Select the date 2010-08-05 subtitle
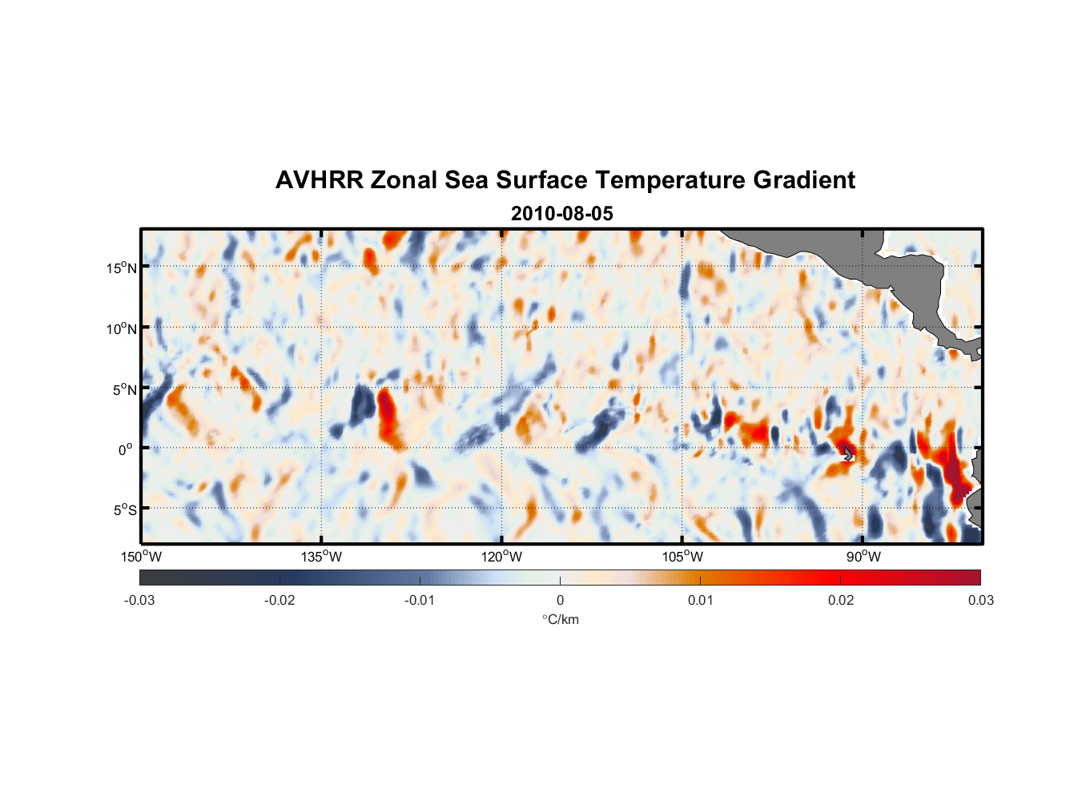pyautogui.click(x=561, y=214)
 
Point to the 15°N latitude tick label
pyautogui.click(x=122, y=268)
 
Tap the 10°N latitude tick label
pyautogui.click(x=122, y=328)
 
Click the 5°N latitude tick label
pyautogui.click(x=124, y=389)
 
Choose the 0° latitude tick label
pyautogui.click(x=126, y=449)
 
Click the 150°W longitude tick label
pyautogui.click(x=141, y=557)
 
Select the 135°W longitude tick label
pyautogui.click(x=321, y=557)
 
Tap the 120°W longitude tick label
pyautogui.click(x=501, y=557)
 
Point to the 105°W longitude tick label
pyautogui.click(x=682, y=557)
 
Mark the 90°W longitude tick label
pyautogui.click(x=863, y=557)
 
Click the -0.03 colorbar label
pyautogui.click(x=139, y=600)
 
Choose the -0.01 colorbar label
pyautogui.click(x=420, y=600)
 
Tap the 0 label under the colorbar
pyautogui.click(x=560, y=600)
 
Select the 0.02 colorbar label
pyautogui.click(x=841, y=600)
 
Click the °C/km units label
pyautogui.click(x=560, y=619)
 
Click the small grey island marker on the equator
pyautogui.click(x=848, y=453)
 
